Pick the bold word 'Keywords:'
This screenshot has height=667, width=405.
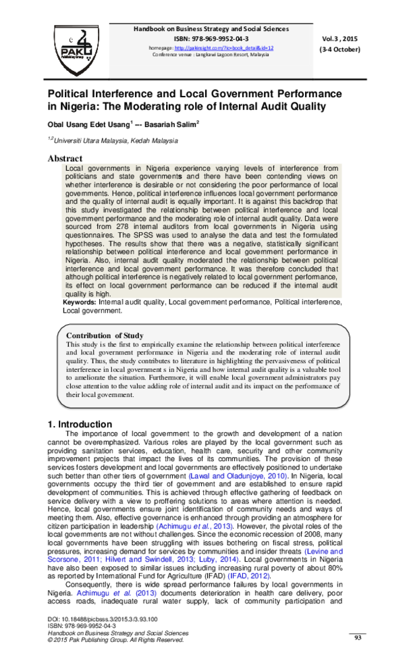click(80, 304)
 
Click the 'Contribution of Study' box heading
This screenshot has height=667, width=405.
click(105, 336)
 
